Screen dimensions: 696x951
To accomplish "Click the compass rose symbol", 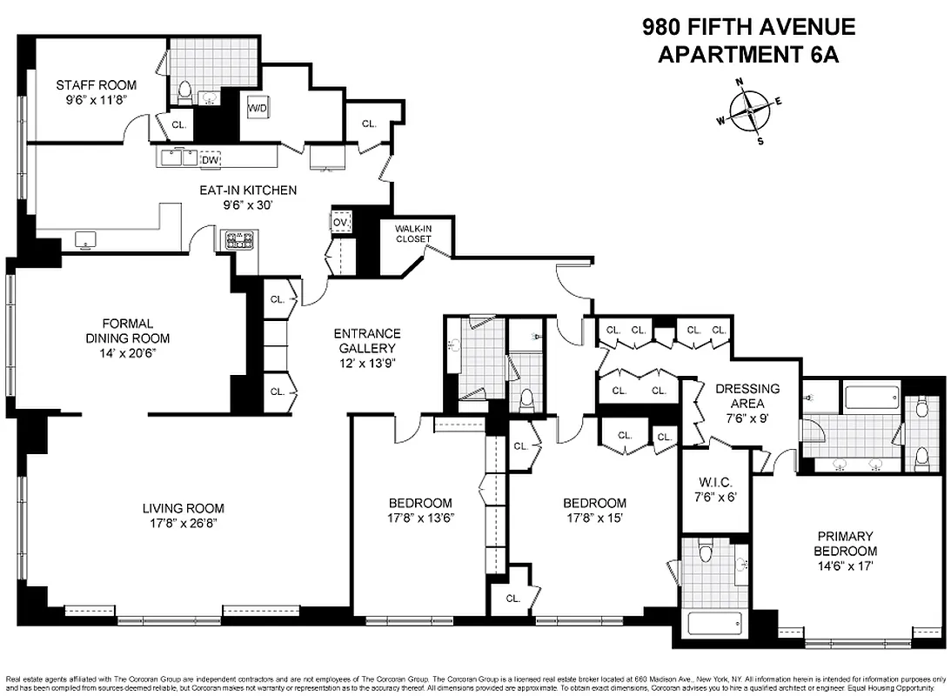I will [748, 110].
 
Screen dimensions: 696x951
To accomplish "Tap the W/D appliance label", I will [258, 109].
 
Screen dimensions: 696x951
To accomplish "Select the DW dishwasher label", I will [210, 159].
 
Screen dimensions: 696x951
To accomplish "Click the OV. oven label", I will [340, 223].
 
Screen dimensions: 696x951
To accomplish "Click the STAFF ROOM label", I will [97, 84].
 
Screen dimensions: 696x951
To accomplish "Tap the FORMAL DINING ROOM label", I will [127, 331].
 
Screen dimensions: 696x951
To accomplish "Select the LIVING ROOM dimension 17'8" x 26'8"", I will [183, 523].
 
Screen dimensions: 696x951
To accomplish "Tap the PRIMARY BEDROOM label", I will [845, 544].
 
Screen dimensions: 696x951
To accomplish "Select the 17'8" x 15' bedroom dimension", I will [594, 518].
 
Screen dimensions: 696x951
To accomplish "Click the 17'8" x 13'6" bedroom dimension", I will [420, 518].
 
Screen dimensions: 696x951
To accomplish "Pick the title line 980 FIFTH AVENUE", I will [748, 27].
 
